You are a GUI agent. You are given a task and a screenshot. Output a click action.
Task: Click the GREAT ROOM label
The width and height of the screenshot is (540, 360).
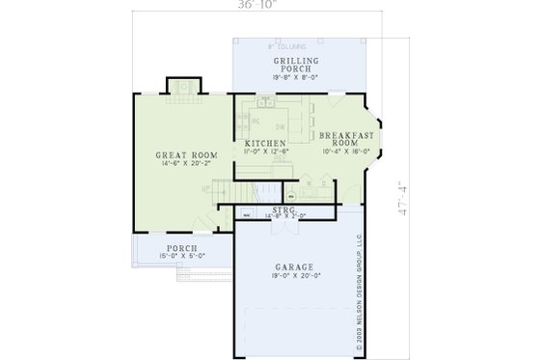(x=187, y=154)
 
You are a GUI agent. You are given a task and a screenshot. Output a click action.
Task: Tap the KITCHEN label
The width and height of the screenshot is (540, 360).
(x=265, y=144)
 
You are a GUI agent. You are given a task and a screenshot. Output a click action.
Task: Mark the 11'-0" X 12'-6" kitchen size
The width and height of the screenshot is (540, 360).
(x=265, y=152)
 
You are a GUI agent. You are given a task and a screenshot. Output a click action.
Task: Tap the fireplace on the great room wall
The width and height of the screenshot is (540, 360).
(x=180, y=86)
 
